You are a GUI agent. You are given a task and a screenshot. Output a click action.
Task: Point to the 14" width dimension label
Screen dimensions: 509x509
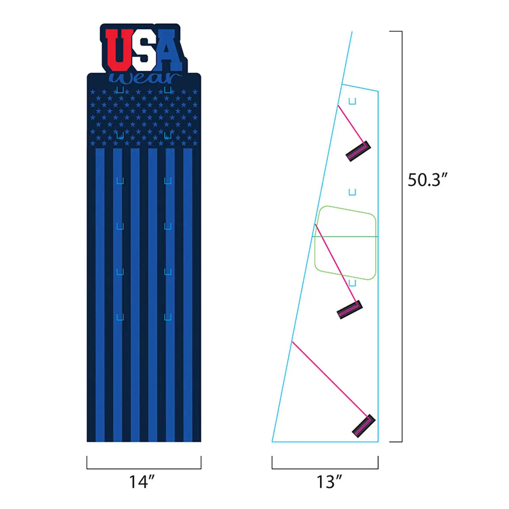pos(142,482)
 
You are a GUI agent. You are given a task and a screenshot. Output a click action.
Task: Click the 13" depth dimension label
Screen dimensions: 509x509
pos(329,482)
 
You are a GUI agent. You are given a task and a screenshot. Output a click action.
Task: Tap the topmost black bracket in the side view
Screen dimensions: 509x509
pos(358,151)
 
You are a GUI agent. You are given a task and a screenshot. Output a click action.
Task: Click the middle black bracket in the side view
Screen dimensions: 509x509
pos(349,310)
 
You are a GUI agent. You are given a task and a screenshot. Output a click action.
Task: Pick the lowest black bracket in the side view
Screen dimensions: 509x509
pos(364,426)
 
